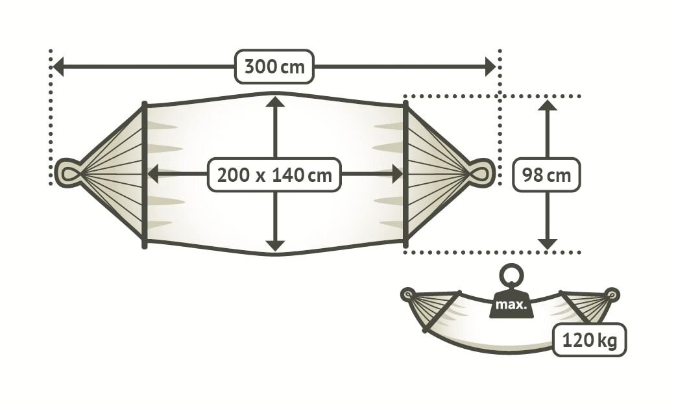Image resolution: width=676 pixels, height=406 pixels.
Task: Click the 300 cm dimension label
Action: click(x=274, y=66)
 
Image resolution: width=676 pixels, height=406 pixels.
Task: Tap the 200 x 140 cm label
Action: click(x=274, y=174)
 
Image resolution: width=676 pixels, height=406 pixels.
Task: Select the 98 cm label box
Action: click(x=546, y=174)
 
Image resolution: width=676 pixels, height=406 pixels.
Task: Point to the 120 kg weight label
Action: click(x=589, y=339)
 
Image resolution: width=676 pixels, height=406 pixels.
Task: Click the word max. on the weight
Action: click(x=511, y=304)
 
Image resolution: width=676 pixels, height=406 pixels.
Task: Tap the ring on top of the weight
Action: click(x=511, y=274)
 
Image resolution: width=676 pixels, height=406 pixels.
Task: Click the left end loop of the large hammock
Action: click(x=67, y=173)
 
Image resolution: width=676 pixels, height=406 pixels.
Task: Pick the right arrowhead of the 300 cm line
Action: click(x=490, y=66)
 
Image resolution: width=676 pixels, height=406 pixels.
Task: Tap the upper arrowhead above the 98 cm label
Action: click(x=548, y=105)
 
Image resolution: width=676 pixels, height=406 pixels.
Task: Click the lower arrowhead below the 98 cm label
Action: click(x=548, y=244)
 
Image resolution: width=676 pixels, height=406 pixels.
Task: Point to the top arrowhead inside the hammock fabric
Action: click(x=275, y=101)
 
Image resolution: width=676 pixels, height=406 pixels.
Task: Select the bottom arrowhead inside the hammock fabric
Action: click(x=275, y=245)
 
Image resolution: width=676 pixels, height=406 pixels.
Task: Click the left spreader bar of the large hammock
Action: click(x=144, y=174)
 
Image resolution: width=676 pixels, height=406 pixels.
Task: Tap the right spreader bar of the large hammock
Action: click(x=405, y=174)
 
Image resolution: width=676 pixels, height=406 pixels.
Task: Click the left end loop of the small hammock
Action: click(x=407, y=294)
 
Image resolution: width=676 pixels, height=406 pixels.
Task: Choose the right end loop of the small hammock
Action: click(x=612, y=294)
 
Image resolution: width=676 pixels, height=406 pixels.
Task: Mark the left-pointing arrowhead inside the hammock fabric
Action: click(x=153, y=173)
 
